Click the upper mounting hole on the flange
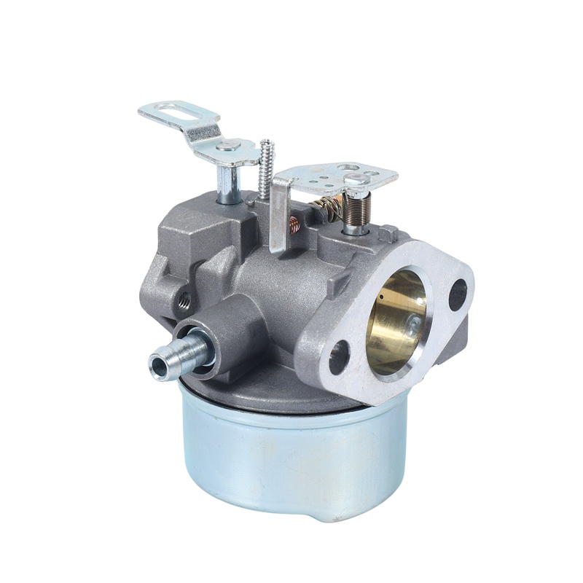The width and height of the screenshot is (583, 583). tap(457, 294)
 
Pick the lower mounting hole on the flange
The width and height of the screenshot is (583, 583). tap(339, 356)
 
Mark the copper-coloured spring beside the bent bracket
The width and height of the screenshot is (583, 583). tap(295, 226)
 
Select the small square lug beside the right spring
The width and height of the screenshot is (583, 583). tap(388, 233)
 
